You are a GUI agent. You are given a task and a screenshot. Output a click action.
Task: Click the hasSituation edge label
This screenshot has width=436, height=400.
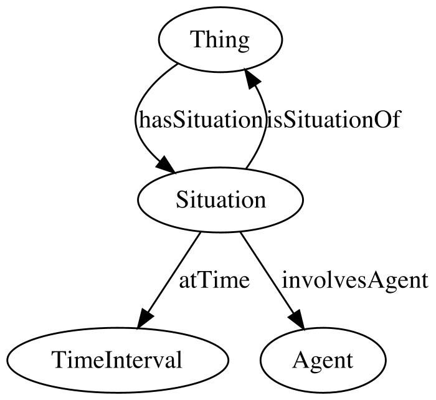[200, 120]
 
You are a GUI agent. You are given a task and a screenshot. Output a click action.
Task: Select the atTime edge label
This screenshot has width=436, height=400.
[214, 280]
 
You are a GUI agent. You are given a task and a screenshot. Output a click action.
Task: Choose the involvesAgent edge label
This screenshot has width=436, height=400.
[355, 280]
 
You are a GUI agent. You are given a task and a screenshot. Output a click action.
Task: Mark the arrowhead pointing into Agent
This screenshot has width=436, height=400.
[297, 320]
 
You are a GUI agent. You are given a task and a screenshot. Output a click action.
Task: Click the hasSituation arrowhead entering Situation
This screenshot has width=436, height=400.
[166, 166]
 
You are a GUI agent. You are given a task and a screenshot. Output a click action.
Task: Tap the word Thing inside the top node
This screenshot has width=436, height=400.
[220, 40]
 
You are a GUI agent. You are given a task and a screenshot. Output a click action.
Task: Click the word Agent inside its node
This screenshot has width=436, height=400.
[323, 361]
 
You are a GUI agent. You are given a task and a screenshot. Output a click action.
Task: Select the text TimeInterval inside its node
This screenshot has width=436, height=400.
[117, 360]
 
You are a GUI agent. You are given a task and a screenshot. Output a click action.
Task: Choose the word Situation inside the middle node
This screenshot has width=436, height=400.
[220, 200]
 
